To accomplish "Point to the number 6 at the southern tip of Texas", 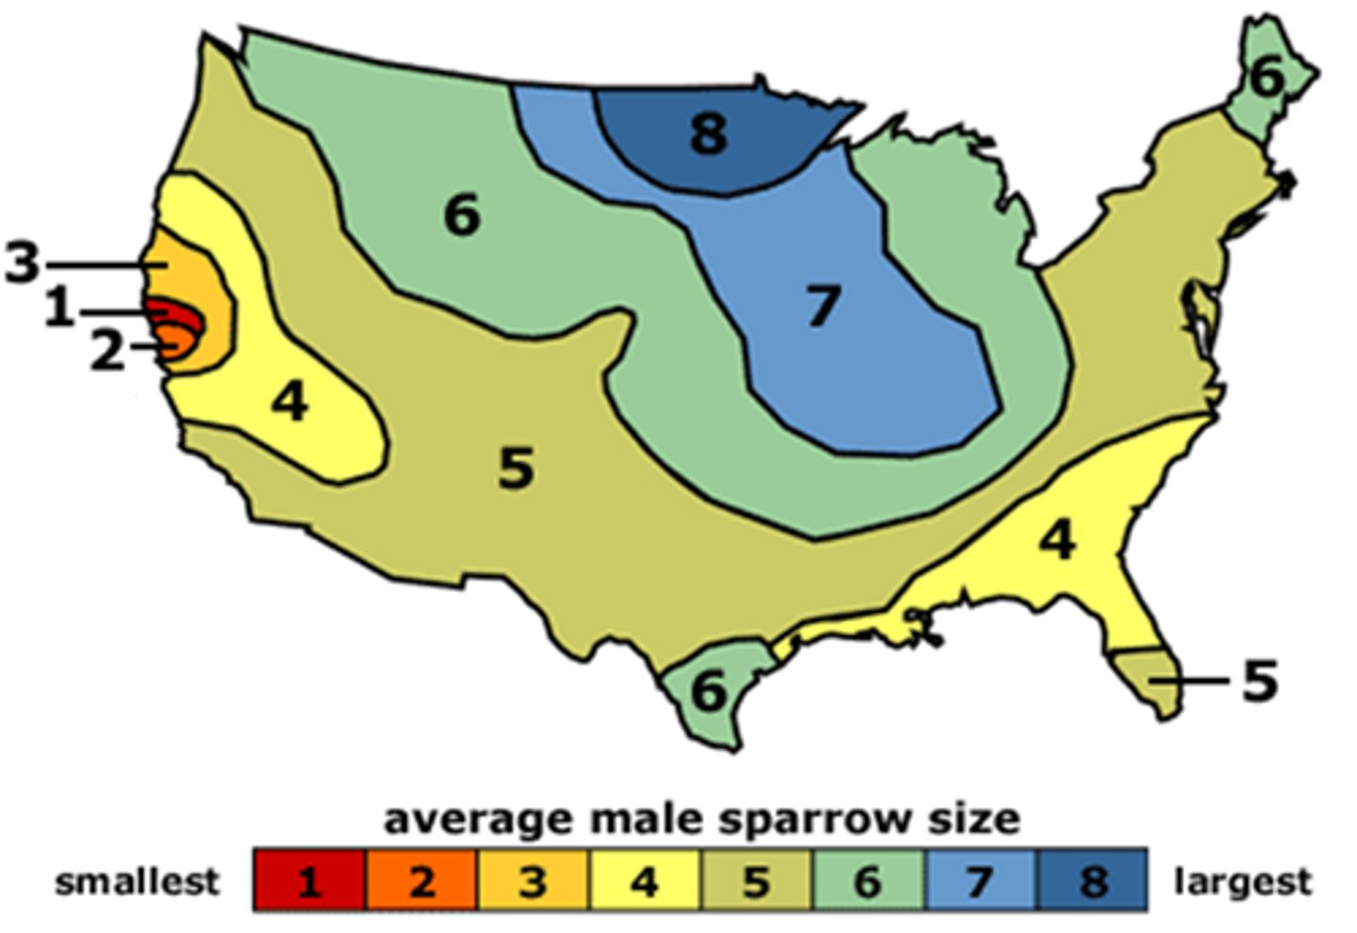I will coord(709,693).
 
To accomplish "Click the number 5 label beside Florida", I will coord(1259,679).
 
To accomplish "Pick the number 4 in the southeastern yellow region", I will coord(1057,541).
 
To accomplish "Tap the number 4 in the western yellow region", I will coord(289,402).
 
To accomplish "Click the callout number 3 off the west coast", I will coord(22,263).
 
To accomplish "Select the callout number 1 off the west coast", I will coord(59,309).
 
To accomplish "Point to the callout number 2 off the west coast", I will coord(106,351).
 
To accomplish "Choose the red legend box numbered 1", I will coord(309,880).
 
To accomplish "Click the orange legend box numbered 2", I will coord(420,880).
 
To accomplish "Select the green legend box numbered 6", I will coord(867,880).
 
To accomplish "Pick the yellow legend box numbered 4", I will coord(644,880).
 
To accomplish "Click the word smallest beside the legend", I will coord(137,881).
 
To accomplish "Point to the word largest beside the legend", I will coord(1242,881).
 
